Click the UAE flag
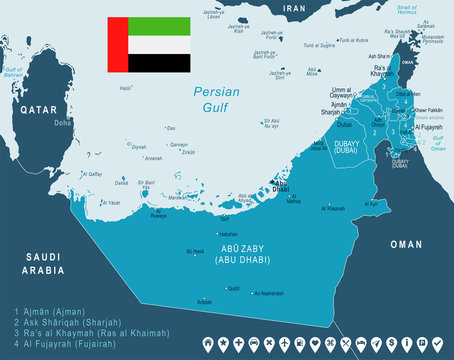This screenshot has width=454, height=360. [x=149, y=46]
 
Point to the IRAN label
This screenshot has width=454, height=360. [x=293, y=8]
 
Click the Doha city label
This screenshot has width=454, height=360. [x=62, y=123]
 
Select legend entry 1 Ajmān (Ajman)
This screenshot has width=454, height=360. [x=51, y=312]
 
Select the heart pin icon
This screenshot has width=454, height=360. [x=313, y=344]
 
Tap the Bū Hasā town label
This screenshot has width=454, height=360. [x=196, y=252]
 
